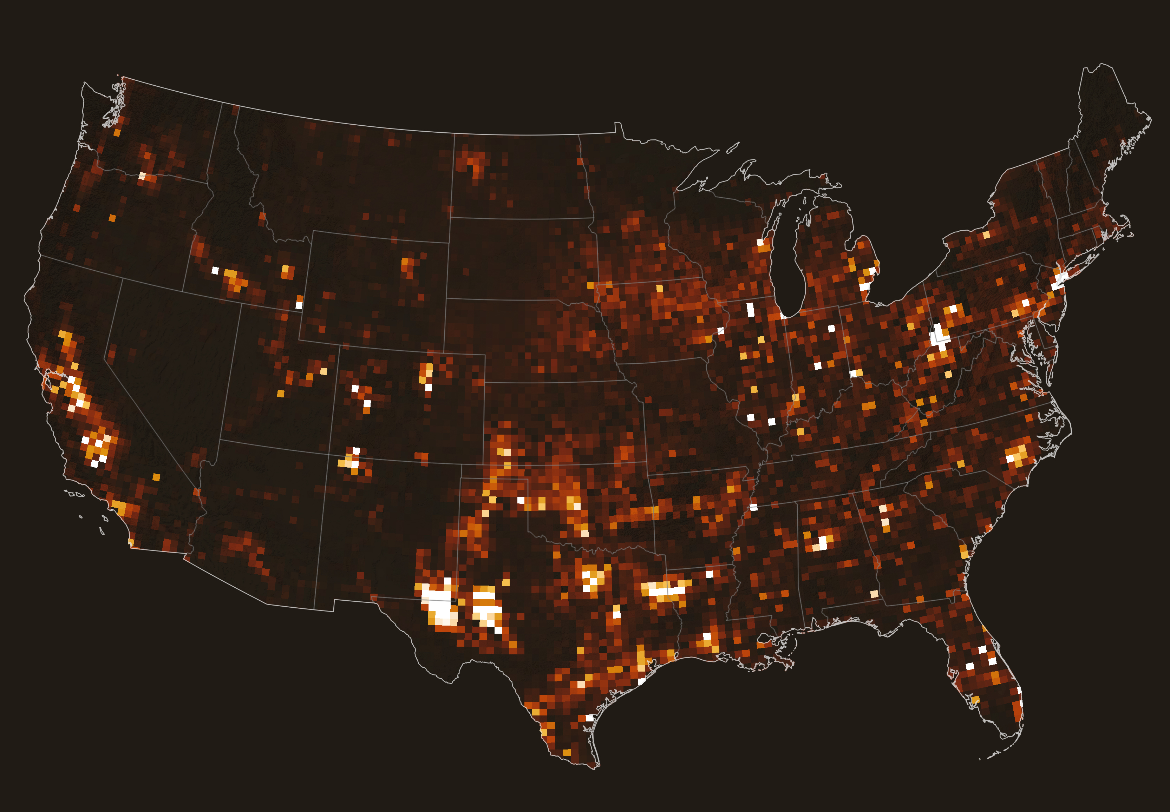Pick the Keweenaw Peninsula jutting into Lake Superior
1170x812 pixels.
[x=748, y=168]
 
